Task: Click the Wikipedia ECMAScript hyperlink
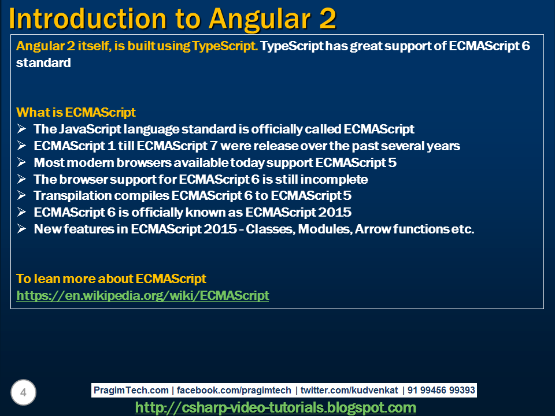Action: point(143,296)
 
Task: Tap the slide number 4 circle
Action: point(23,393)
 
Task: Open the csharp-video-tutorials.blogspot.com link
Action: point(275,407)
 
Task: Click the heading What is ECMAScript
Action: point(76,112)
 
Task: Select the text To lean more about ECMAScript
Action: point(111,279)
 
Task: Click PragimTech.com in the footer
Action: point(131,391)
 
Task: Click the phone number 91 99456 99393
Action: point(441,391)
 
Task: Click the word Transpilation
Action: point(69,196)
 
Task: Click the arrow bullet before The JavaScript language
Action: point(21,129)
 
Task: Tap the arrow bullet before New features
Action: point(21,229)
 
